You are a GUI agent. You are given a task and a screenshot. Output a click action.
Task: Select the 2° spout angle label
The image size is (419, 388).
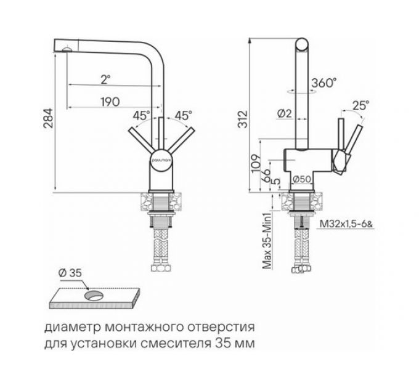tap(106, 78)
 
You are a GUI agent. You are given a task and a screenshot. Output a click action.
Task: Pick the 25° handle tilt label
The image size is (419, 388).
tap(360, 105)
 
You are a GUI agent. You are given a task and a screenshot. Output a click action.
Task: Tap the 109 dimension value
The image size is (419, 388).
tap(254, 161)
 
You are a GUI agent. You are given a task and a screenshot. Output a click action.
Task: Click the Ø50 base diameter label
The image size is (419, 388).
tap(301, 179)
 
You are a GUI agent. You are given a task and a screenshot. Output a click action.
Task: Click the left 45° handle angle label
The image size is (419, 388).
tap(141, 115)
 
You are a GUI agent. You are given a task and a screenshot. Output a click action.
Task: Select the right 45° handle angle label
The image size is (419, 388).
tap(184, 115)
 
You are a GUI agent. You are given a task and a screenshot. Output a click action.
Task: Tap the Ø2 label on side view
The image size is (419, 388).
tap(284, 113)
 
